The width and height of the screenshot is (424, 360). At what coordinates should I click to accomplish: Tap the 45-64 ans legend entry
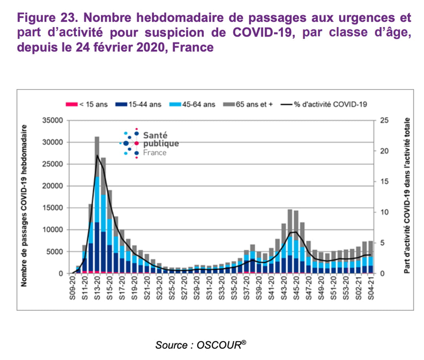point(192,104)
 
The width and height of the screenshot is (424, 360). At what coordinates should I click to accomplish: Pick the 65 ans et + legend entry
point(249,104)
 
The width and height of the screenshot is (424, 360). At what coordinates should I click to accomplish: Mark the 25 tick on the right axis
point(384,121)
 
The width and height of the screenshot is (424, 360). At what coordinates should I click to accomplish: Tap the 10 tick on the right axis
point(384,212)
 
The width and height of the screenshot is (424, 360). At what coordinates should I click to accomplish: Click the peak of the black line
point(97,155)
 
